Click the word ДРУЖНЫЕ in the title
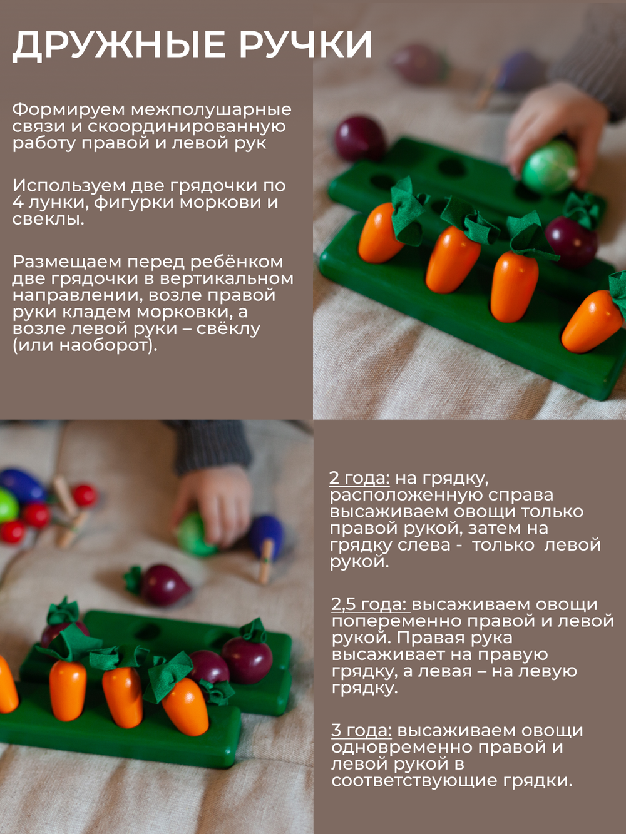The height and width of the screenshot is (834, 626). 119,45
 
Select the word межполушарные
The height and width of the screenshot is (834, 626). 210,109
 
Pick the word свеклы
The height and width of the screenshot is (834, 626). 48,219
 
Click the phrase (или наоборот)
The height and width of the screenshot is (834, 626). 85,345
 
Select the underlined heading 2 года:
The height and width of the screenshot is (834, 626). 359,479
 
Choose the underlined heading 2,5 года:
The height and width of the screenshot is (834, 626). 369,604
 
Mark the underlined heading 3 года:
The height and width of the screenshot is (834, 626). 362,730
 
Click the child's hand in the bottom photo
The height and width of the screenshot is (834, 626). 213,501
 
